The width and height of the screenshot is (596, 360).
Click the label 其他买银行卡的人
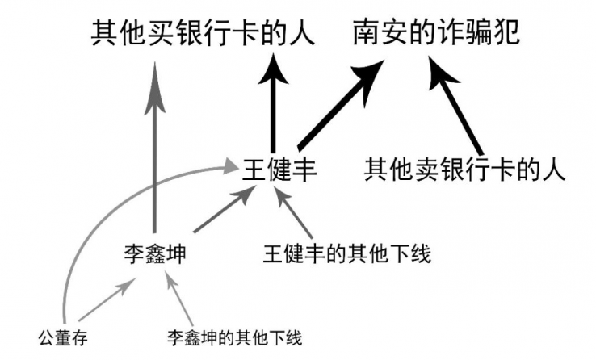click(203, 34)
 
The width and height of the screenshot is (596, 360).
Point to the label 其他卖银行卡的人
click(462, 170)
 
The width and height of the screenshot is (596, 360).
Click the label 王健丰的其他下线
click(346, 256)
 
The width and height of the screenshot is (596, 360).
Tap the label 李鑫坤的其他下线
click(234, 336)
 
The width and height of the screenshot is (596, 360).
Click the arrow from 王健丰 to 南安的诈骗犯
click(339, 106)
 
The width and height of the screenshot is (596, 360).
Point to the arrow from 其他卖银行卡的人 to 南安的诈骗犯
click(459, 108)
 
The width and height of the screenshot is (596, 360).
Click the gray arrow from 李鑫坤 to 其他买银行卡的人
click(154, 153)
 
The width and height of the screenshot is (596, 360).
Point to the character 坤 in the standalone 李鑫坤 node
click(175, 256)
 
